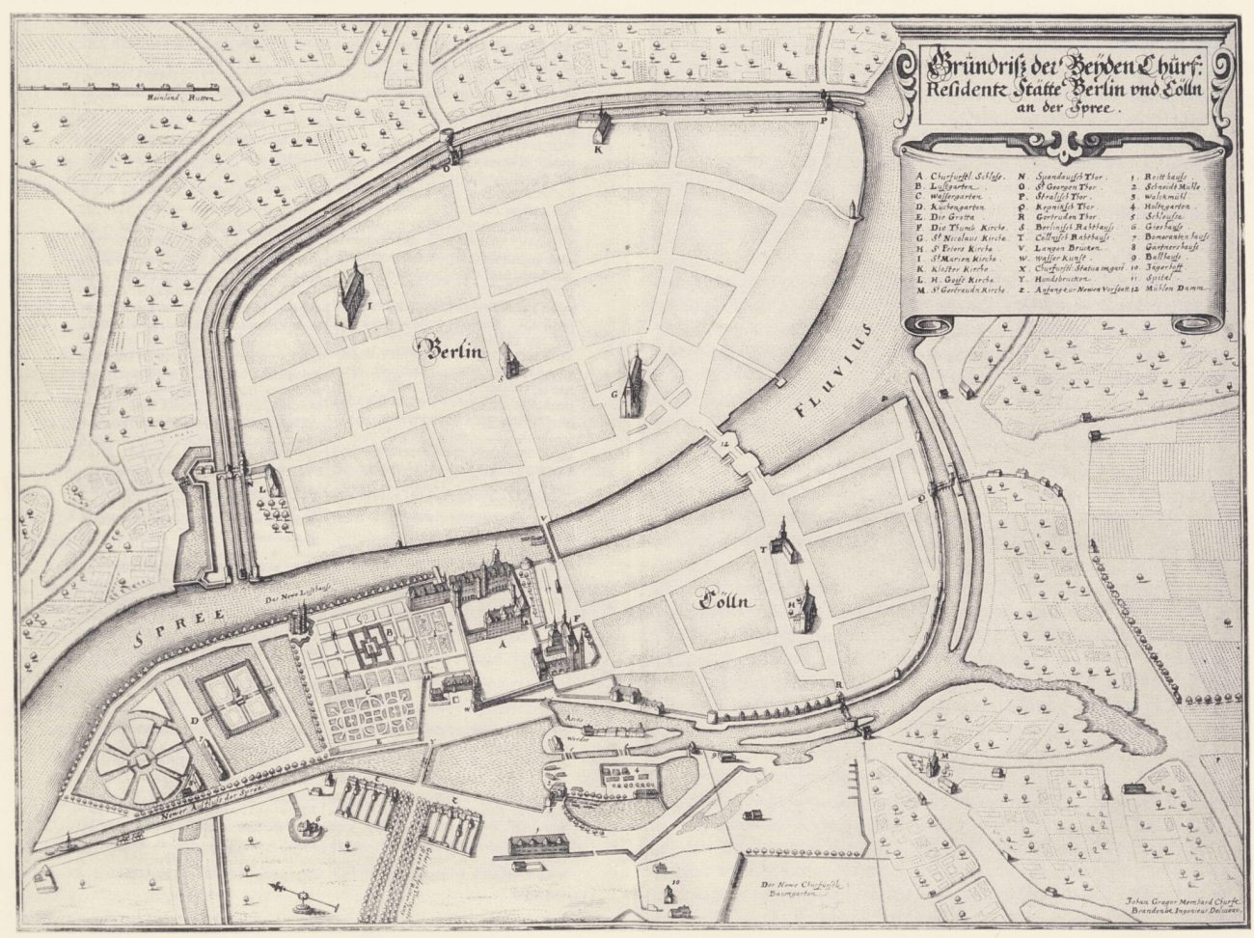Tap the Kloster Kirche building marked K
tap(598, 126)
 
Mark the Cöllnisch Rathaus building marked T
tap(784, 543)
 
